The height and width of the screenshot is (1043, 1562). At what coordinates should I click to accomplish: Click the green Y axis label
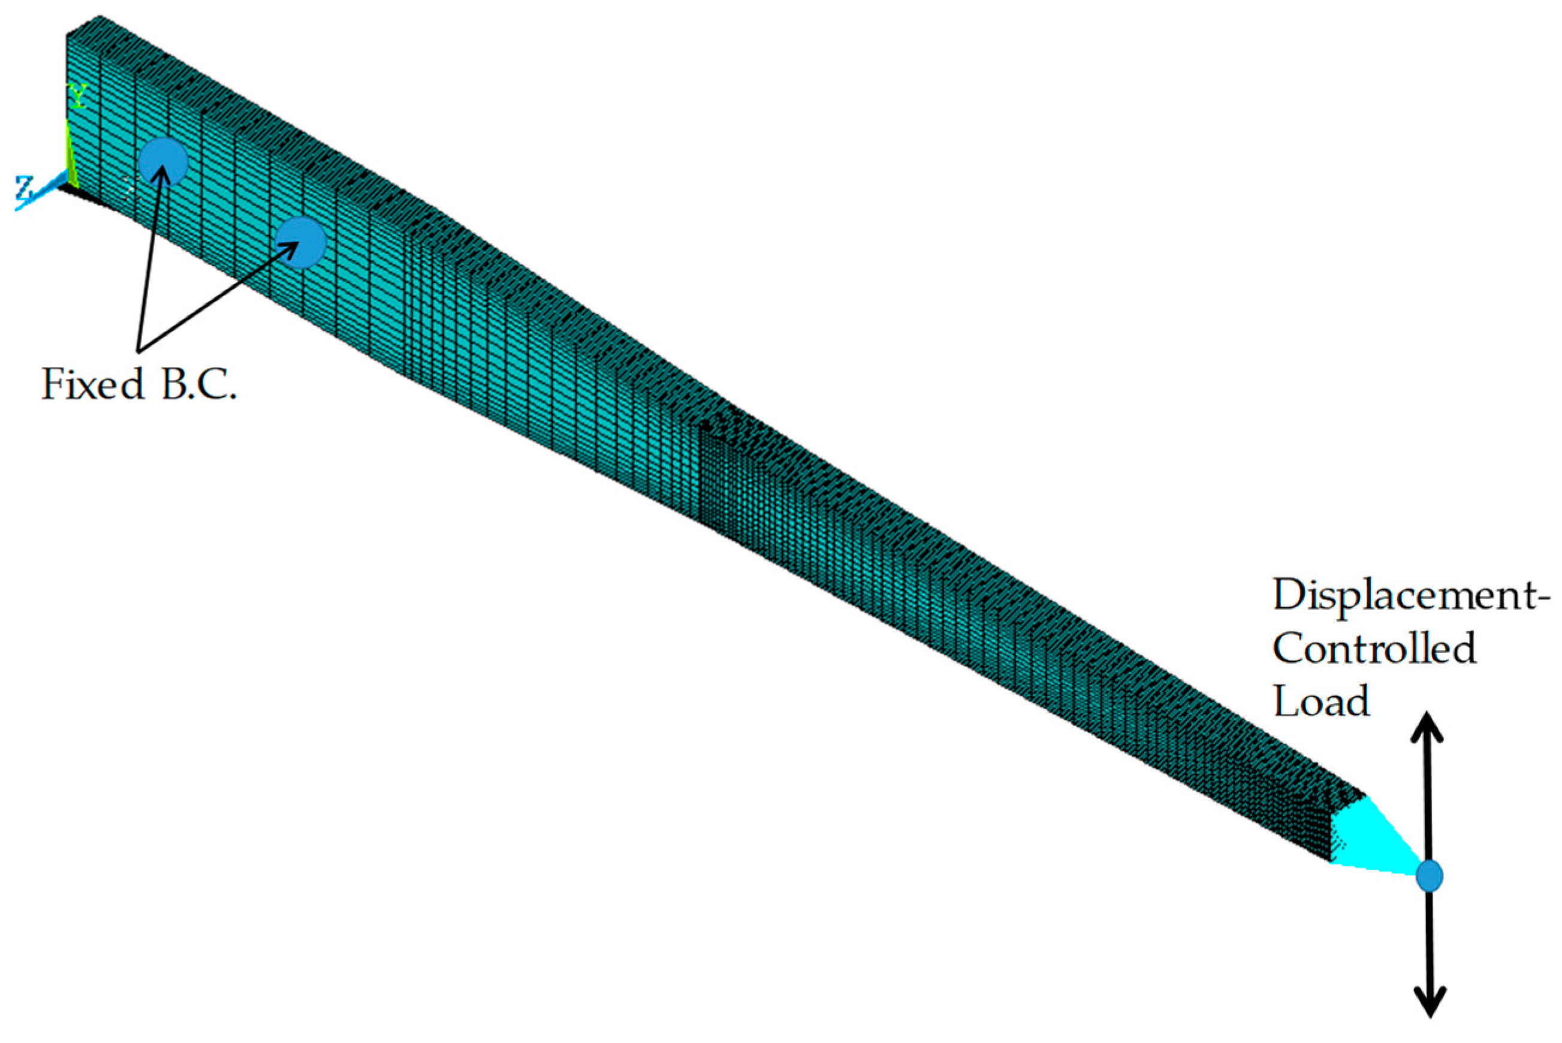(79, 97)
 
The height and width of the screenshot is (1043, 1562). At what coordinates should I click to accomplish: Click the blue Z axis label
(25, 188)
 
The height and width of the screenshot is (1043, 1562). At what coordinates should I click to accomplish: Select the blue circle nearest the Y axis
(163, 162)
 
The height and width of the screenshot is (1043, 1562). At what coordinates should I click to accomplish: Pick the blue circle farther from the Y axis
(300, 243)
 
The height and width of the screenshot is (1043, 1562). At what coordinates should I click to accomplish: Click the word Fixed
(93, 384)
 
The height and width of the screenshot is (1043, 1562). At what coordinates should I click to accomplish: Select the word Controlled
(1374, 649)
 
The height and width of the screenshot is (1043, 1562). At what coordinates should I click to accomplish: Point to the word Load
(1321, 701)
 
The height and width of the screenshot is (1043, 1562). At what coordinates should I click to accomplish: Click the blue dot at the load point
(1429, 875)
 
